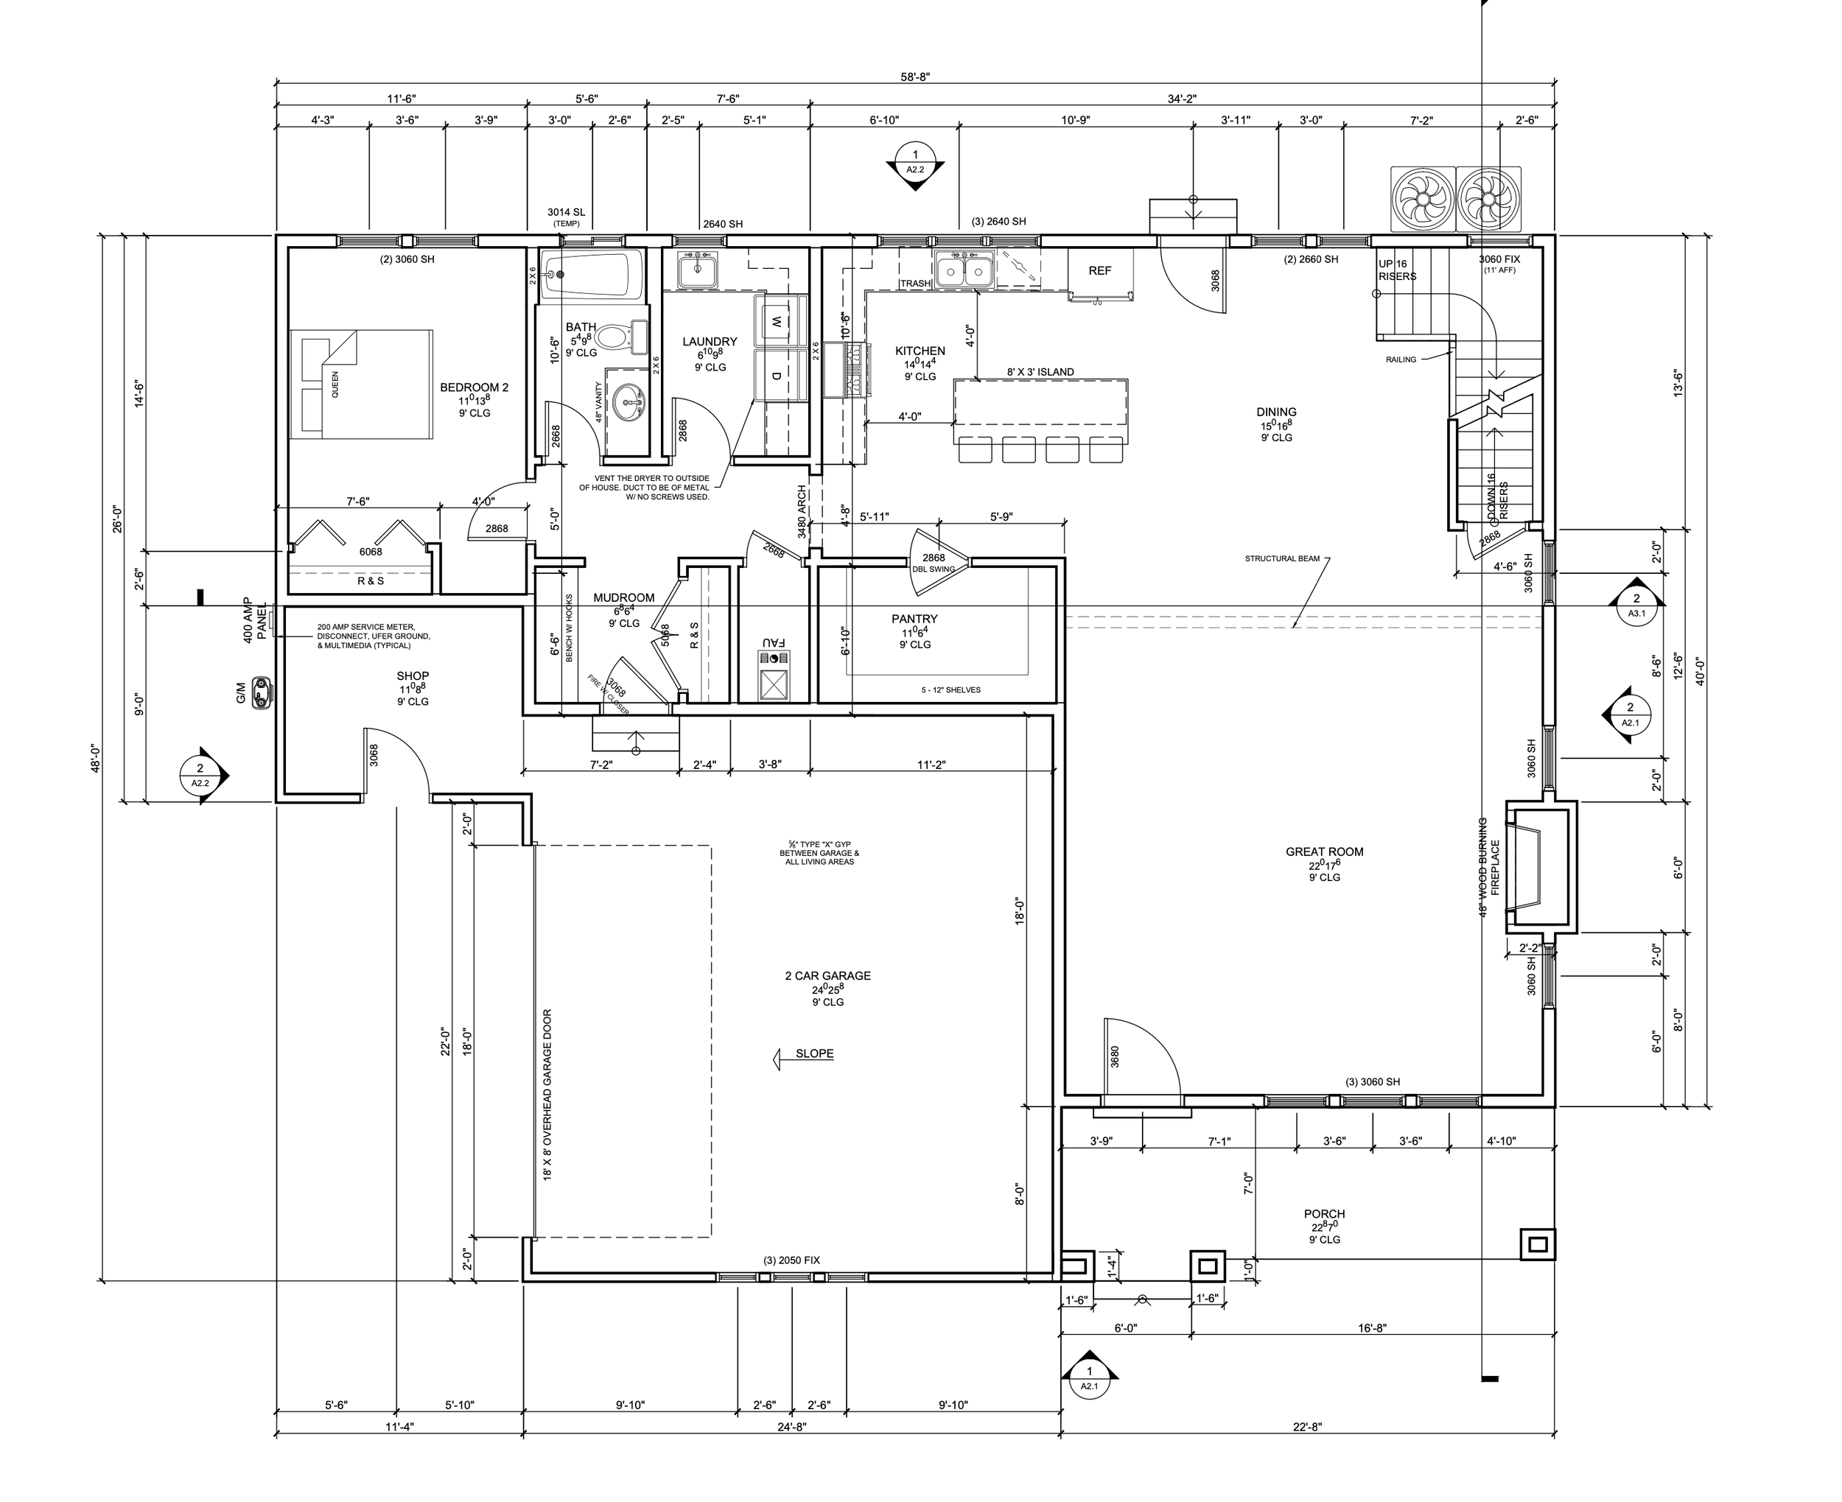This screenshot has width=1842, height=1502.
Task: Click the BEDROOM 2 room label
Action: pyautogui.click(x=474, y=387)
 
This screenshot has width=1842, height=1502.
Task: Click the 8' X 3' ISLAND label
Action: pyautogui.click(x=1040, y=372)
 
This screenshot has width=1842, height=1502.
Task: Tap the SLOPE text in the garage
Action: pyautogui.click(x=815, y=1054)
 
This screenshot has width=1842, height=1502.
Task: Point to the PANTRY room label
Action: pyautogui.click(x=914, y=619)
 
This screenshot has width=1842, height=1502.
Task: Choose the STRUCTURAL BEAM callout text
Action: pyautogui.click(x=1282, y=559)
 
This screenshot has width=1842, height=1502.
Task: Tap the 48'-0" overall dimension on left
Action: pyautogui.click(x=95, y=758)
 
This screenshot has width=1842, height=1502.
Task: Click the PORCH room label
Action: pyautogui.click(x=1325, y=1214)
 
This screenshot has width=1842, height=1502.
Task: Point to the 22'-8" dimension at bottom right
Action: pyautogui.click(x=1307, y=1428)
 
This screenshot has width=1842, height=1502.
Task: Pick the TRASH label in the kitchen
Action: pyautogui.click(x=915, y=284)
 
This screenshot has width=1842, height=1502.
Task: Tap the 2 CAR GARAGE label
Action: pyautogui.click(x=828, y=975)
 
